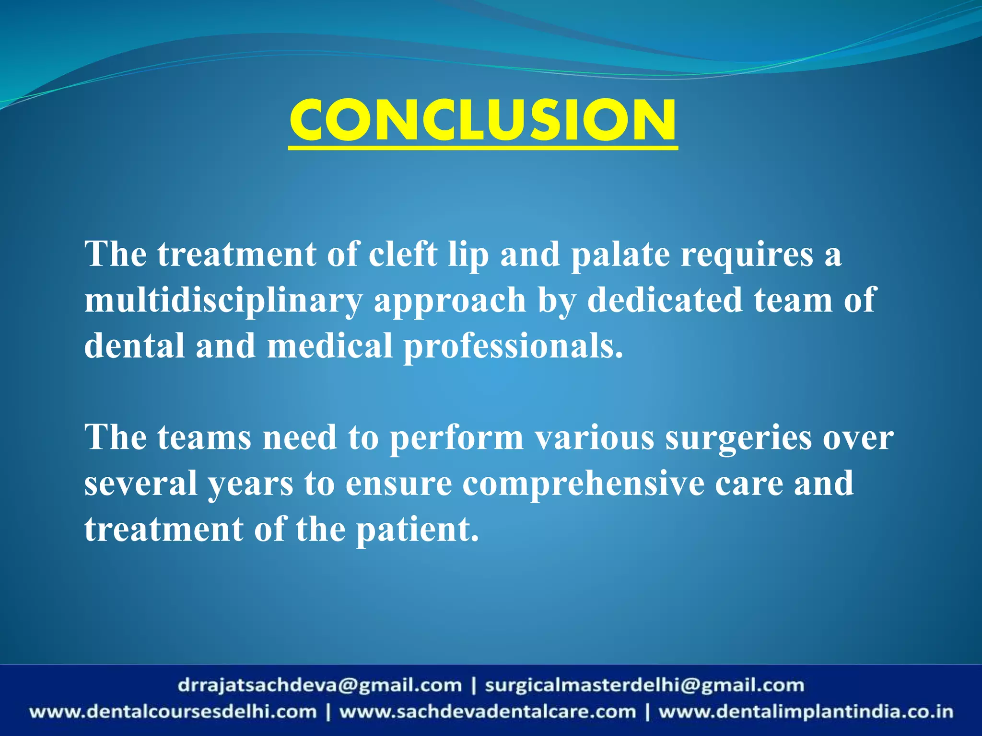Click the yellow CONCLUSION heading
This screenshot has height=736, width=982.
483,121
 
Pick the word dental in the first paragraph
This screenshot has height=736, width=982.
134,346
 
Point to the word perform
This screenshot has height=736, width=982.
456,439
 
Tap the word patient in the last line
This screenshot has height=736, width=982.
417,530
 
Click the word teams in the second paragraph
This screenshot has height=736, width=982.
204,438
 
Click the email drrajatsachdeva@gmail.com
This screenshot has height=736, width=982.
319,685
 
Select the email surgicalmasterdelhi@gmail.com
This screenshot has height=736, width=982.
644,685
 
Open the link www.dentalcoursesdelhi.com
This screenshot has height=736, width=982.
173,712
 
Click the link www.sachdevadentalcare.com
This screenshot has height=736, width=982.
488,712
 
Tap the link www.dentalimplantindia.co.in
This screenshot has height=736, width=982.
806,712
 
